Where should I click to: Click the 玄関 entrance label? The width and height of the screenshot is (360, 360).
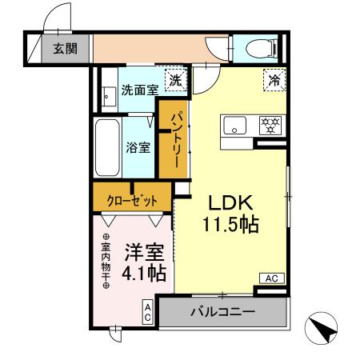pos(65,49)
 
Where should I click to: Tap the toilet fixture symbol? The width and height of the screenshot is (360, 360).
pos(258,49)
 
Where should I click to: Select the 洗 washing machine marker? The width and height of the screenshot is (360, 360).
pos(175,80)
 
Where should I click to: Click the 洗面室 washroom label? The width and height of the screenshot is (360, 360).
pos(139,91)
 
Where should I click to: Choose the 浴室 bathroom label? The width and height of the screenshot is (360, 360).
pos(138,147)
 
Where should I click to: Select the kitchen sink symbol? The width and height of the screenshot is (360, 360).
pos(235,126)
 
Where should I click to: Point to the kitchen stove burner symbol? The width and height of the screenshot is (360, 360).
pos(269,126)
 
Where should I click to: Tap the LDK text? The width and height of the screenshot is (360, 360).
pos(233,202)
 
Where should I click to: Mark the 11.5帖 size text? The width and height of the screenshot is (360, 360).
pos(233,225)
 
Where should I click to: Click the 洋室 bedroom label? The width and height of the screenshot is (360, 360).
pos(144,253)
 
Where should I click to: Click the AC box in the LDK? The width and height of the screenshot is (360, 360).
pos(270,278)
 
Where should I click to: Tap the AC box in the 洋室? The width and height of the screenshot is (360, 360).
pos(148,310)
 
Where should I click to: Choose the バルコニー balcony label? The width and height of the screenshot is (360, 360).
pos(222,311)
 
